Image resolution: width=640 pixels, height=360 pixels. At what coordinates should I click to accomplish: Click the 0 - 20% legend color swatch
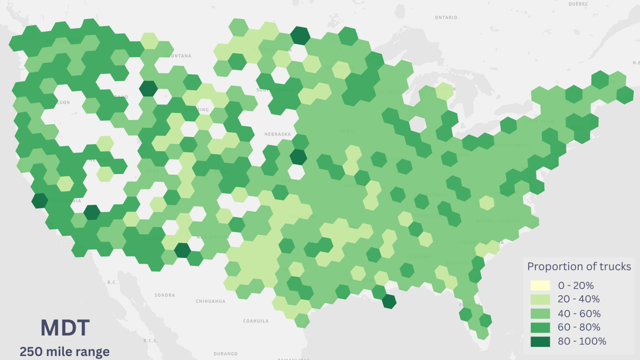(540, 286)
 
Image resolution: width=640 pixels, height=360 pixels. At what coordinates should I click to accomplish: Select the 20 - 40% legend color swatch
(540, 299)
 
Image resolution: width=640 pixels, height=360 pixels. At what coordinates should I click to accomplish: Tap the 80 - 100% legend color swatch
(540, 342)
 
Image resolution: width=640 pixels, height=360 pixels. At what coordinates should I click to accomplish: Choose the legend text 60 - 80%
(579, 327)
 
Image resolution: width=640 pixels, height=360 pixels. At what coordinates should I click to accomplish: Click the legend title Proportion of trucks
(579, 267)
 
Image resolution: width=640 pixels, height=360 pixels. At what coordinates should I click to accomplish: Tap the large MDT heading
(65, 328)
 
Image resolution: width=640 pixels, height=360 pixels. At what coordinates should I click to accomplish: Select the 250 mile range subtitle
(65, 352)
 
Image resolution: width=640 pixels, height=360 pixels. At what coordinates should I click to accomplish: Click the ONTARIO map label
(446, 18)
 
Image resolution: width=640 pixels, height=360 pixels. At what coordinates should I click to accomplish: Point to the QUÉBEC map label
(578, 4)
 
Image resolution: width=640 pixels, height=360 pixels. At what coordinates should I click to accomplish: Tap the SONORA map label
(165, 295)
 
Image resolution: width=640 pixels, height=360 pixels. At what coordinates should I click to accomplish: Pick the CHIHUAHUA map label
(210, 301)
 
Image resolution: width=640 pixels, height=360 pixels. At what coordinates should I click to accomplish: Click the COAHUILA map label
(256, 321)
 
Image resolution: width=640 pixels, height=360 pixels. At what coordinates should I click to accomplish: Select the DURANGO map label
(226, 354)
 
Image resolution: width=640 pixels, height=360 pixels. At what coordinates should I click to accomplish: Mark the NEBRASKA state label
(278, 134)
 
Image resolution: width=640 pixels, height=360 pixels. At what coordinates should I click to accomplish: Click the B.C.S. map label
(150, 341)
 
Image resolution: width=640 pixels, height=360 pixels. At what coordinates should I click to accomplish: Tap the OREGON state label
(60, 103)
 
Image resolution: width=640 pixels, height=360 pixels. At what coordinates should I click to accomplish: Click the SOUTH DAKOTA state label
(275, 90)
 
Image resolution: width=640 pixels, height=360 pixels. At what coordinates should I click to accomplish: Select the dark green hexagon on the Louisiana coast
(389, 301)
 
